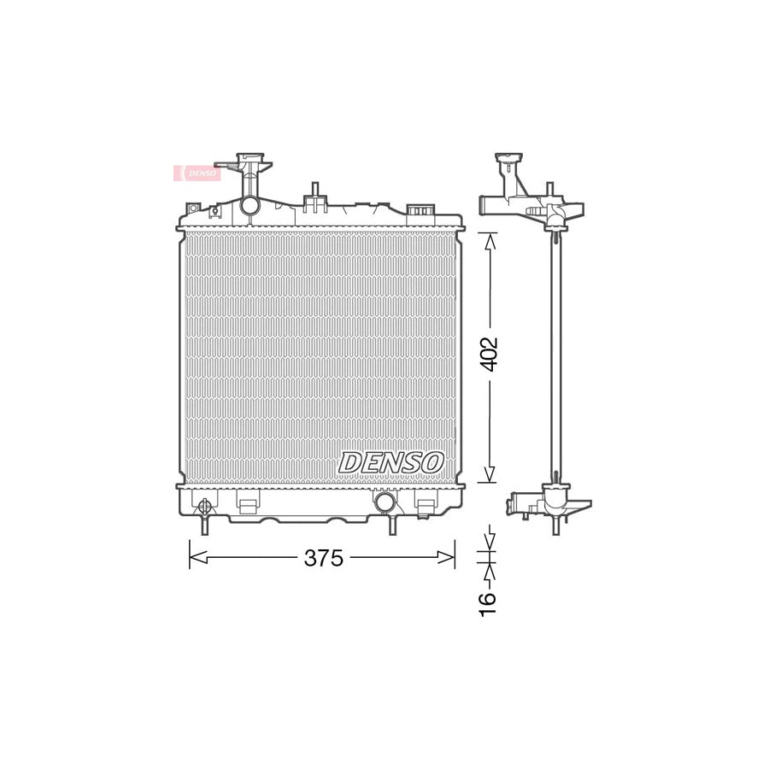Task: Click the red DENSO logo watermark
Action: [x=198, y=172]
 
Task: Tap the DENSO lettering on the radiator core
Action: [x=392, y=461]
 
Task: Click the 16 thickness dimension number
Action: [x=486, y=601]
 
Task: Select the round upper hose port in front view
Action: [x=250, y=205]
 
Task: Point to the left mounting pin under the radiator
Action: [x=203, y=527]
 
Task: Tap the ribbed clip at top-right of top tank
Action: [x=420, y=210]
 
